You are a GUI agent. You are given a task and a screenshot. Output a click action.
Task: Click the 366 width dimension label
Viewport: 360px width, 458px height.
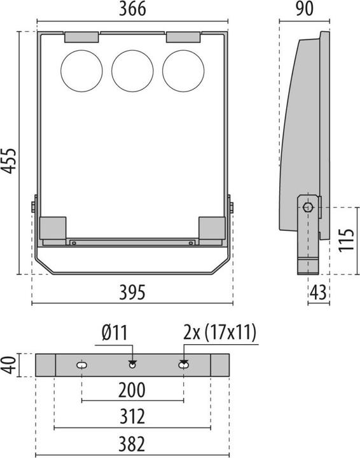[132, 9]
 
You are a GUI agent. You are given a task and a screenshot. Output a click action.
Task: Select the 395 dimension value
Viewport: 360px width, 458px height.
[132, 292]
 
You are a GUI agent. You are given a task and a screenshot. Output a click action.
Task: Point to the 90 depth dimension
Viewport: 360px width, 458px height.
[305, 9]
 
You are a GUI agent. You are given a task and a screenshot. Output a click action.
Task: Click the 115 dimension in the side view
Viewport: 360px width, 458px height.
[346, 240]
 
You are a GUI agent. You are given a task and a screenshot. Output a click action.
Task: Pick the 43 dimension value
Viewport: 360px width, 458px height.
[318, 292]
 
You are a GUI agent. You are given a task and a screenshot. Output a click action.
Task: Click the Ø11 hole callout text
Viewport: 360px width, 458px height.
[114, 333]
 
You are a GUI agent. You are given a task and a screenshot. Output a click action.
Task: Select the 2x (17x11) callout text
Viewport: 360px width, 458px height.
[220, 333]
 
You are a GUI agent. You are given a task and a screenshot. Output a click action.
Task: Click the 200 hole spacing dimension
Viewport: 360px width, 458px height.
[132, 390]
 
